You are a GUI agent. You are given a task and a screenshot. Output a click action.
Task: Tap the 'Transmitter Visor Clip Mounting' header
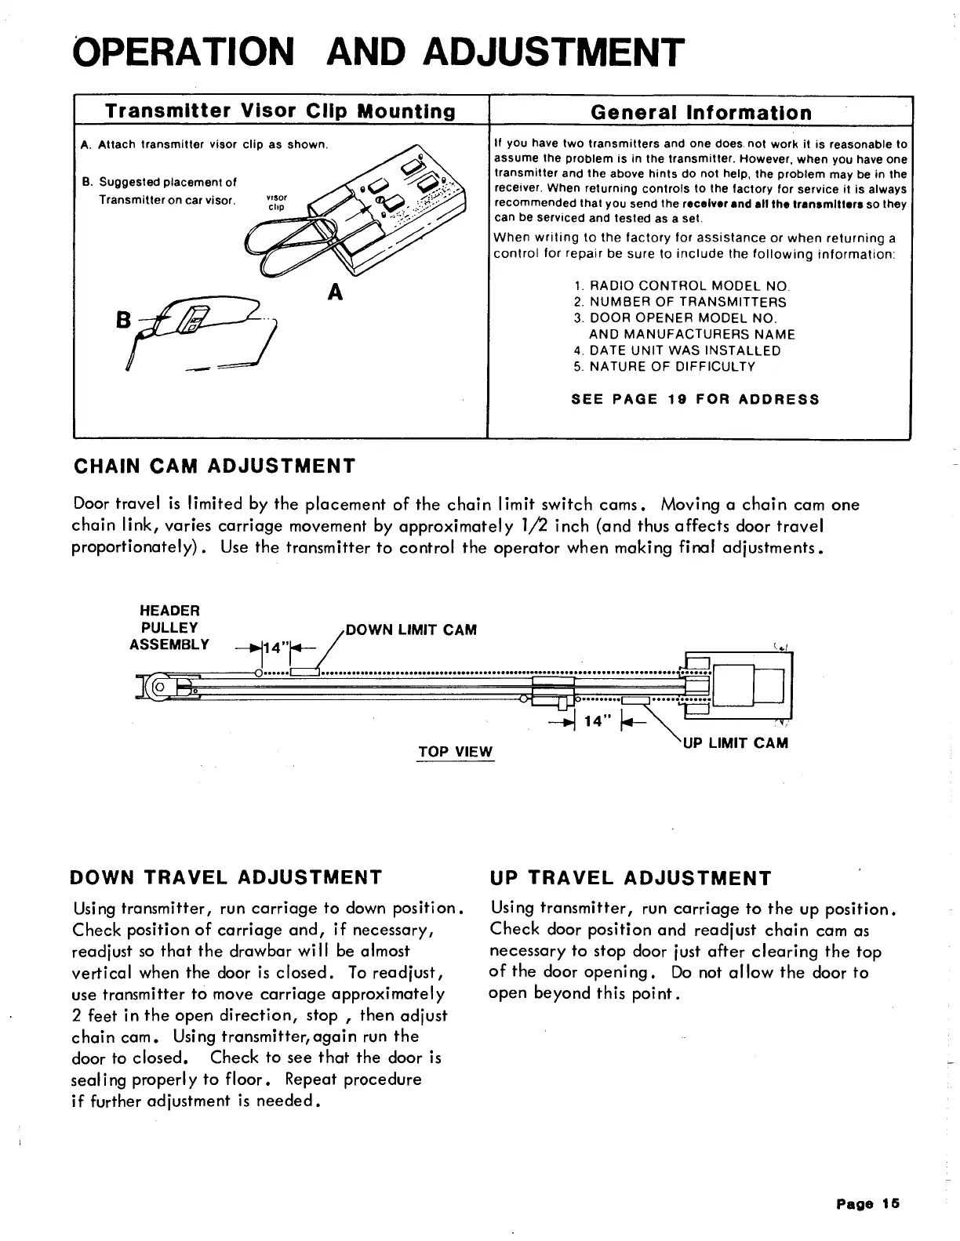280,111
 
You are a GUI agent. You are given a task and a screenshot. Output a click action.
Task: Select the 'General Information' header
700,112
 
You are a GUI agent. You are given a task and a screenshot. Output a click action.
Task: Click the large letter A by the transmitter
336,292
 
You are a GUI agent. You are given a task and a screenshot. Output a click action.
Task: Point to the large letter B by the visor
122,321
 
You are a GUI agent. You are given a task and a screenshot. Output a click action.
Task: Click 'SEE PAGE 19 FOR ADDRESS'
695,399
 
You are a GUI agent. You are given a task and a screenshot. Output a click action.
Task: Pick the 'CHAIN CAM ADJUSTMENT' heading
213,466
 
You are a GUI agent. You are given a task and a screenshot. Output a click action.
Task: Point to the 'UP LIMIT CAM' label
736,742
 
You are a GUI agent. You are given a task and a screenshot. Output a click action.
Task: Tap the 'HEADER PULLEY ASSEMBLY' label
169,627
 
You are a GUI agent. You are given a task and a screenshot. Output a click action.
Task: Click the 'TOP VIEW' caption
455,752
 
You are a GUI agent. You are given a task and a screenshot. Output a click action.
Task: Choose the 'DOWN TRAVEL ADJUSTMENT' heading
226,876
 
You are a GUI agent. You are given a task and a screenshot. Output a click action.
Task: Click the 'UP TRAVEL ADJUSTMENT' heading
630,878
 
